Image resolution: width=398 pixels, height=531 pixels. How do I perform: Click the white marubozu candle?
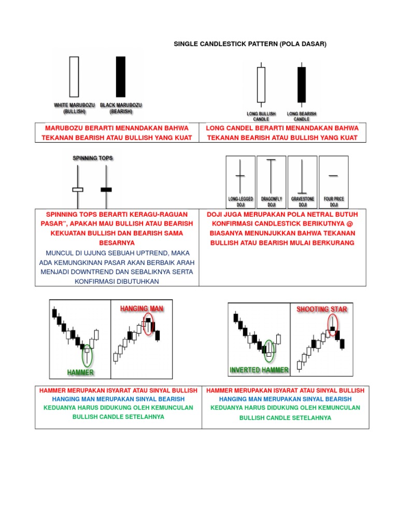coord(74,77)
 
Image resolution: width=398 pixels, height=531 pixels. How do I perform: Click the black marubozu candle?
coord(121,77)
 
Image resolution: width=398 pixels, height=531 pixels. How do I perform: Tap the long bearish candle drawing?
coord(301,85)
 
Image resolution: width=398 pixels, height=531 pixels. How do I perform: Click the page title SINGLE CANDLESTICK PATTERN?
coord(250,45)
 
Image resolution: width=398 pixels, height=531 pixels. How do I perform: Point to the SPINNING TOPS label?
coord(92,158)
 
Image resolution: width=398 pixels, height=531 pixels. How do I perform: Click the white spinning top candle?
coord(78,190)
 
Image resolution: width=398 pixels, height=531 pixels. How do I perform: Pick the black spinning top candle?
coord(106,190)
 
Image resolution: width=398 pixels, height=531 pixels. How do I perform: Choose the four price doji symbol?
coord(333,176)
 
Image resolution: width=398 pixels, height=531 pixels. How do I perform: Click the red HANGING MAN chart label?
coord(142,309)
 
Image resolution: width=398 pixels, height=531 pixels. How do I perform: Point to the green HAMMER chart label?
coord(80,372)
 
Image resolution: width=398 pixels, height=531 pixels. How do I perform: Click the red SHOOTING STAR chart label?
coord(322,309)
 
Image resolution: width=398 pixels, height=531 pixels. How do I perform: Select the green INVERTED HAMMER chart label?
coord(259,370)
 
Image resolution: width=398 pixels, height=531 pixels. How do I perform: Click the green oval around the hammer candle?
coord(88,355)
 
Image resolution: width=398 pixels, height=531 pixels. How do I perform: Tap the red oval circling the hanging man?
coord(149,324)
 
